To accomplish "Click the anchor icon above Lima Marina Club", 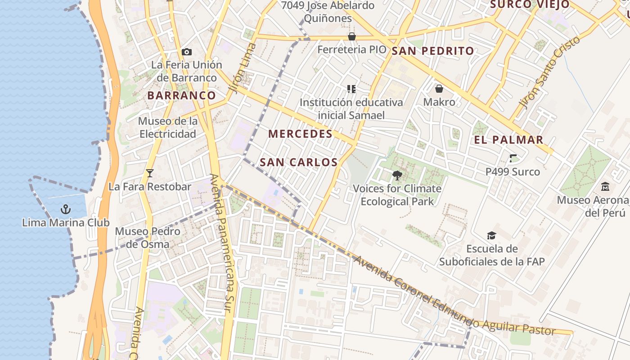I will [x=66, y=209].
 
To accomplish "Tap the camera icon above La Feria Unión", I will [x=187, y=52].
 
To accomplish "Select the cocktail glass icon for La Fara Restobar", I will [x=150, y=173].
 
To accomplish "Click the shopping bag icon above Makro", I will [x=439, y=89].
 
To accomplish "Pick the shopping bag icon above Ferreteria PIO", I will [x=352, y=36].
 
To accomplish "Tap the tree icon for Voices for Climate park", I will [x=397, y=175].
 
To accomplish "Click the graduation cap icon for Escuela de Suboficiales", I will [x=491, y=235].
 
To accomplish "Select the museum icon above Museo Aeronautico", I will [x=605, y=186].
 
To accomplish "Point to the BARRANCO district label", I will [x=182, y=95].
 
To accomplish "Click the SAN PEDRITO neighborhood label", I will [x=433, y=51].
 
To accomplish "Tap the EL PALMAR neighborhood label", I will [x=509, y=139].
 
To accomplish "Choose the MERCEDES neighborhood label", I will [x=300, y=134].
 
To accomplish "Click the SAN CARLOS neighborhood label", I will [x=299, y=162].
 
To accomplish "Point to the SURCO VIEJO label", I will [x=530, y=4].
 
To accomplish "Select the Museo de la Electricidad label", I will [x=167, y=127].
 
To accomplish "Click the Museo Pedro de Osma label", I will [x=148, y=238].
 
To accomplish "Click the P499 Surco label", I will [x=513, y=171].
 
